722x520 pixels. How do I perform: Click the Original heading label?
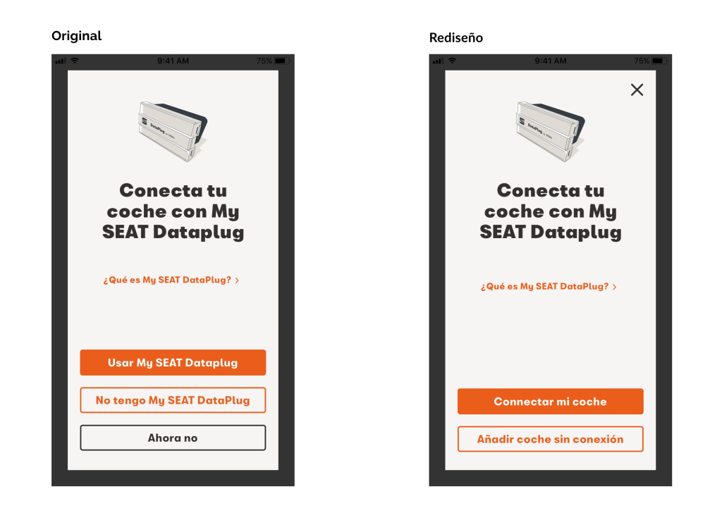76,36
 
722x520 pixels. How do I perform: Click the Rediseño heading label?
456,38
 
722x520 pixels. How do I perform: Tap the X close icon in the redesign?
637,89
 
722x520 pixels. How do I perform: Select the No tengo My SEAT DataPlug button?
173,400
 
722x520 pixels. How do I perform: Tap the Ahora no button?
173,438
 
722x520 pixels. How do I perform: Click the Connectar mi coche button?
550,402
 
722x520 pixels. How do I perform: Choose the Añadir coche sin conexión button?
550,439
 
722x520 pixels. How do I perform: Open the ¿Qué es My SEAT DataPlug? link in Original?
171,280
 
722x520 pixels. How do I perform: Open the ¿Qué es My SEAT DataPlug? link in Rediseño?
549,287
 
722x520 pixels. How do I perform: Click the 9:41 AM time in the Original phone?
173,61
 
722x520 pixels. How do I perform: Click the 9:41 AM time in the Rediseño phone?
550,61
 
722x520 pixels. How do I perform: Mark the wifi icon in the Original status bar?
75,61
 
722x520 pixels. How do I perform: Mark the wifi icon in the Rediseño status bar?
452,61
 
